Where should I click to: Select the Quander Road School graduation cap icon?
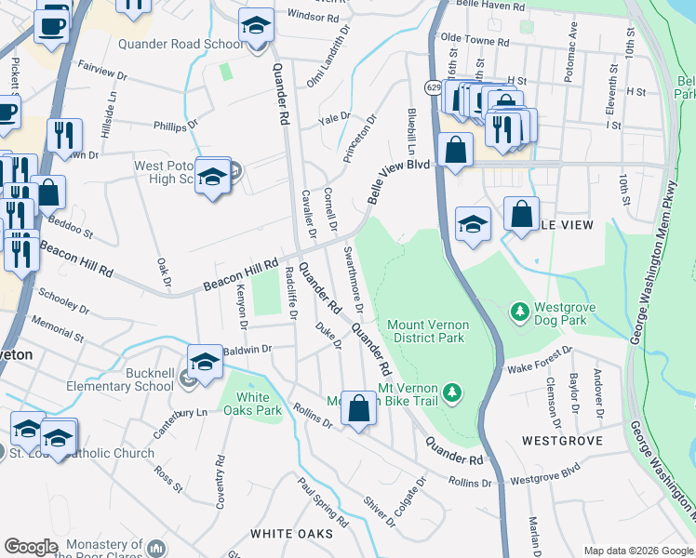[255, 27]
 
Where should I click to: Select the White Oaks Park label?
[251, 404]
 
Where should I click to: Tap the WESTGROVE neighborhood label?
[562, 440]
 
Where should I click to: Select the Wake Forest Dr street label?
[540, 362]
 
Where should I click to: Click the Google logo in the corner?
[31, 547]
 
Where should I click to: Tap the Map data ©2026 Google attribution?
[637, 551]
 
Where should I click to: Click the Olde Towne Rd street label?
[475, 42]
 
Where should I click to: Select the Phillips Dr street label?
[176, 124]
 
